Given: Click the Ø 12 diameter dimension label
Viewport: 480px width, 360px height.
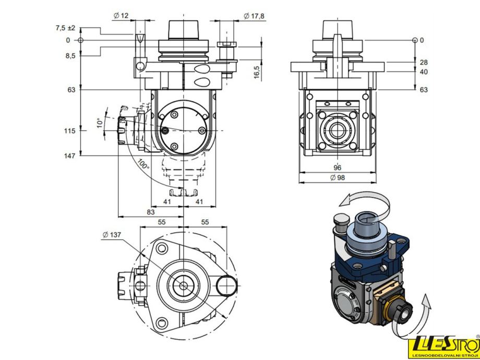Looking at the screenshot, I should coord(121,16).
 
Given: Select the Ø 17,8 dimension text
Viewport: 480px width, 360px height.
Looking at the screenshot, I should coord(254,16).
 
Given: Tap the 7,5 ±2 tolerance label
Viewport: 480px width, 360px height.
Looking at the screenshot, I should coord(66,28).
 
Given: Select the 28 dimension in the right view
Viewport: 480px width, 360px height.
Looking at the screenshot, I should coord(424,62).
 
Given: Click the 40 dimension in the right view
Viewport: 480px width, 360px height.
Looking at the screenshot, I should coord(424,72).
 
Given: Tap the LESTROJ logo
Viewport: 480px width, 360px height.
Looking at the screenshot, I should coord(442,346).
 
